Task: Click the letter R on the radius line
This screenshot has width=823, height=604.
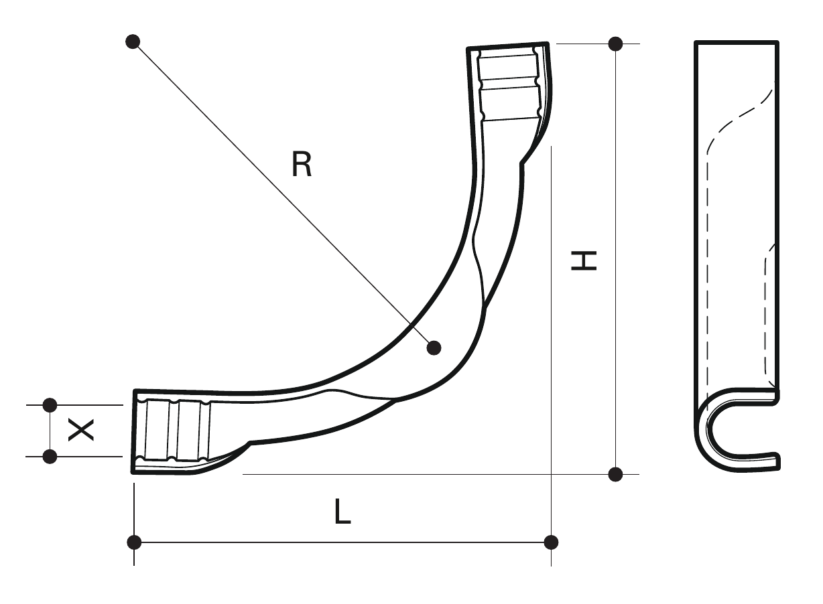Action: [x=302, y=164]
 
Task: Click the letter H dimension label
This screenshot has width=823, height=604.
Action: [x=584, y=260]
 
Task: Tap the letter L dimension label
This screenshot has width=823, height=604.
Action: [x=342, y=511]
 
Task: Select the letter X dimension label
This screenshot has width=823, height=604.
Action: [x=81, y=431]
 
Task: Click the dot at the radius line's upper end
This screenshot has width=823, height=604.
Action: [x=133, y=42]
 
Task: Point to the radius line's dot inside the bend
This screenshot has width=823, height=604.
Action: [x=434, y=348]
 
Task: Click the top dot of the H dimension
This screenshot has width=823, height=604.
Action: [x=615, y=44]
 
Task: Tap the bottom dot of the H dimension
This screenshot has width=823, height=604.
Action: [x=615, y=474]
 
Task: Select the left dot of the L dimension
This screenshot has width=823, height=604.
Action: [x=134, y=542]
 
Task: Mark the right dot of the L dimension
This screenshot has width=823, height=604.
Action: [x=551, y=542]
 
